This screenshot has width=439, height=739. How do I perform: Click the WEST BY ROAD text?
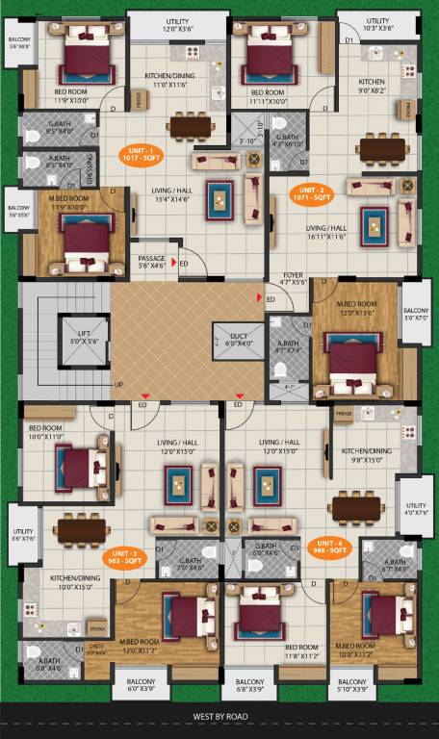click(220, 716)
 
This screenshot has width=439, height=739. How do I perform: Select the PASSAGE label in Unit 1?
click(152, 263)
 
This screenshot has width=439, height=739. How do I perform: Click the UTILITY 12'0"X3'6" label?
click(178, 24)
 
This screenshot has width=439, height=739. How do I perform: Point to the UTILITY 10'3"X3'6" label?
click(377, 24)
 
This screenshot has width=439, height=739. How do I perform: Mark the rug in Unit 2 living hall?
click(375, 226)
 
